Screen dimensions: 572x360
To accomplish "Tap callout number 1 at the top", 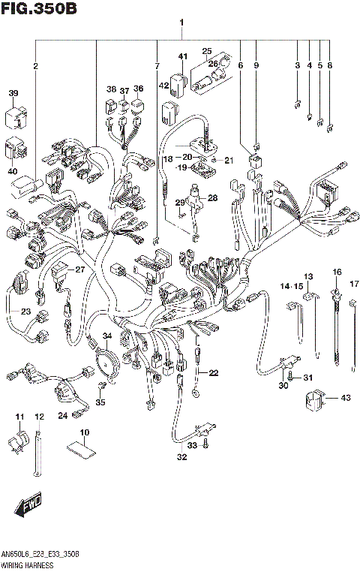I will (181, 23).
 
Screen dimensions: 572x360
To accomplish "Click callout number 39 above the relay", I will (13, 93).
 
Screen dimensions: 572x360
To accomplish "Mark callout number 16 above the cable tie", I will (337, 271).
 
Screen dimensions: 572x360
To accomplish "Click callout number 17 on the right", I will (355, 283).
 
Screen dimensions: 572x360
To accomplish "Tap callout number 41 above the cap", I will (182, 56).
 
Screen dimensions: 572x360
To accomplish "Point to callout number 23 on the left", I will (25, 312).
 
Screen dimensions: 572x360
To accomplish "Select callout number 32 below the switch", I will (181, 457).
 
